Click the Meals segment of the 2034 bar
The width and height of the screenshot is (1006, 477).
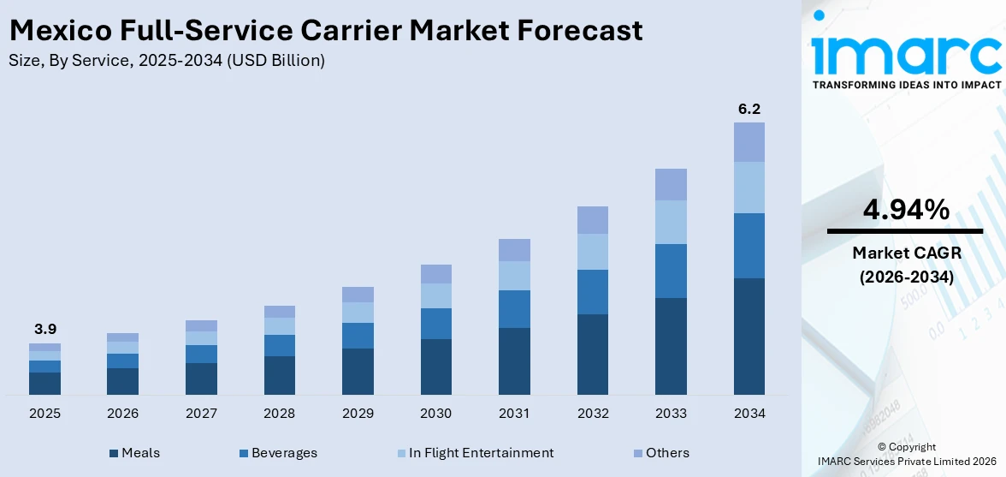749,336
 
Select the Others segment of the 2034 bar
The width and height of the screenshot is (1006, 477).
749,142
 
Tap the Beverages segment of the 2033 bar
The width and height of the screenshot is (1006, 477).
671,271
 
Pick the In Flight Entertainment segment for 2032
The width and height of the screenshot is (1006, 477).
592,252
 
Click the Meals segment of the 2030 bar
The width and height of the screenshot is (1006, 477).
435,367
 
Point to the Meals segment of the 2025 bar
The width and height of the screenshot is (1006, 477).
44,384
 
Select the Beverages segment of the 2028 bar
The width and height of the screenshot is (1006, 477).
279,345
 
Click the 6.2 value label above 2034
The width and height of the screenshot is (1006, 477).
749,109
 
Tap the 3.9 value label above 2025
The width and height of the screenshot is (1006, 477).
44,329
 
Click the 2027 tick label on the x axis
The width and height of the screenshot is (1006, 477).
201,414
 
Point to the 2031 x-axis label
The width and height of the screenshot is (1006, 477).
514,414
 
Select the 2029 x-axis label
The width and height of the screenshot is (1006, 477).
358,414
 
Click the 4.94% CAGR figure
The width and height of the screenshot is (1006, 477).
905,209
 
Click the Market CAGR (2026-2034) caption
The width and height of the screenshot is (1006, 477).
905,265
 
